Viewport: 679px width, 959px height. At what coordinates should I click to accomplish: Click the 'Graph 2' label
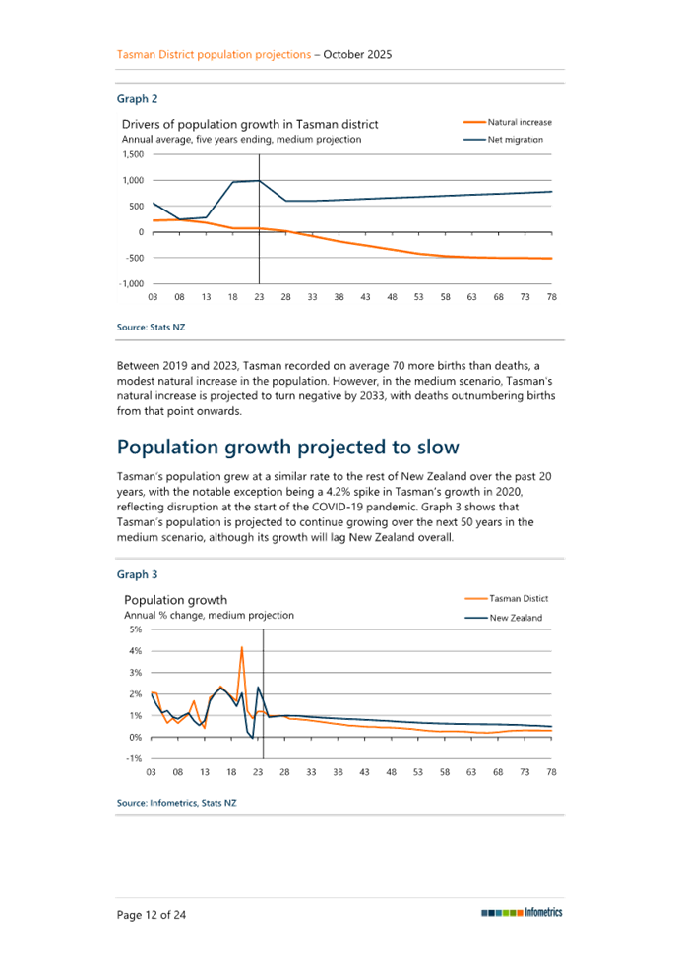coord(137,99)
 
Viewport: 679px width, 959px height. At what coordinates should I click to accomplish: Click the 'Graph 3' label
coord(137,573)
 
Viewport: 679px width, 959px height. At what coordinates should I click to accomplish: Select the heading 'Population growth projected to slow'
coord(288,448)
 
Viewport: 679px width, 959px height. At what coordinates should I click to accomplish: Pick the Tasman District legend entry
coord(506,599)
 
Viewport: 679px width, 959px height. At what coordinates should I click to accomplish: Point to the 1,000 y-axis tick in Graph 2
coord(133,180)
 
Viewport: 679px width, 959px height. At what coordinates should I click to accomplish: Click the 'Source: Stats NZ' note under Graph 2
coord(151,327)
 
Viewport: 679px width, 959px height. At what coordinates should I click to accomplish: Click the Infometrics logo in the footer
coord(522,913)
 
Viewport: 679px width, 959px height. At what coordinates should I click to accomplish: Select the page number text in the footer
coord(153,915)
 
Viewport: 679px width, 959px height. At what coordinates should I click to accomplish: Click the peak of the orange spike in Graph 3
coord(241,646)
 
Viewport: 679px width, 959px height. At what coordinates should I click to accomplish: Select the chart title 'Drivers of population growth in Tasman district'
coord(251,125)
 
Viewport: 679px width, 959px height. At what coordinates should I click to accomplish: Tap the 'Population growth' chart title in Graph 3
coord(175,599)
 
